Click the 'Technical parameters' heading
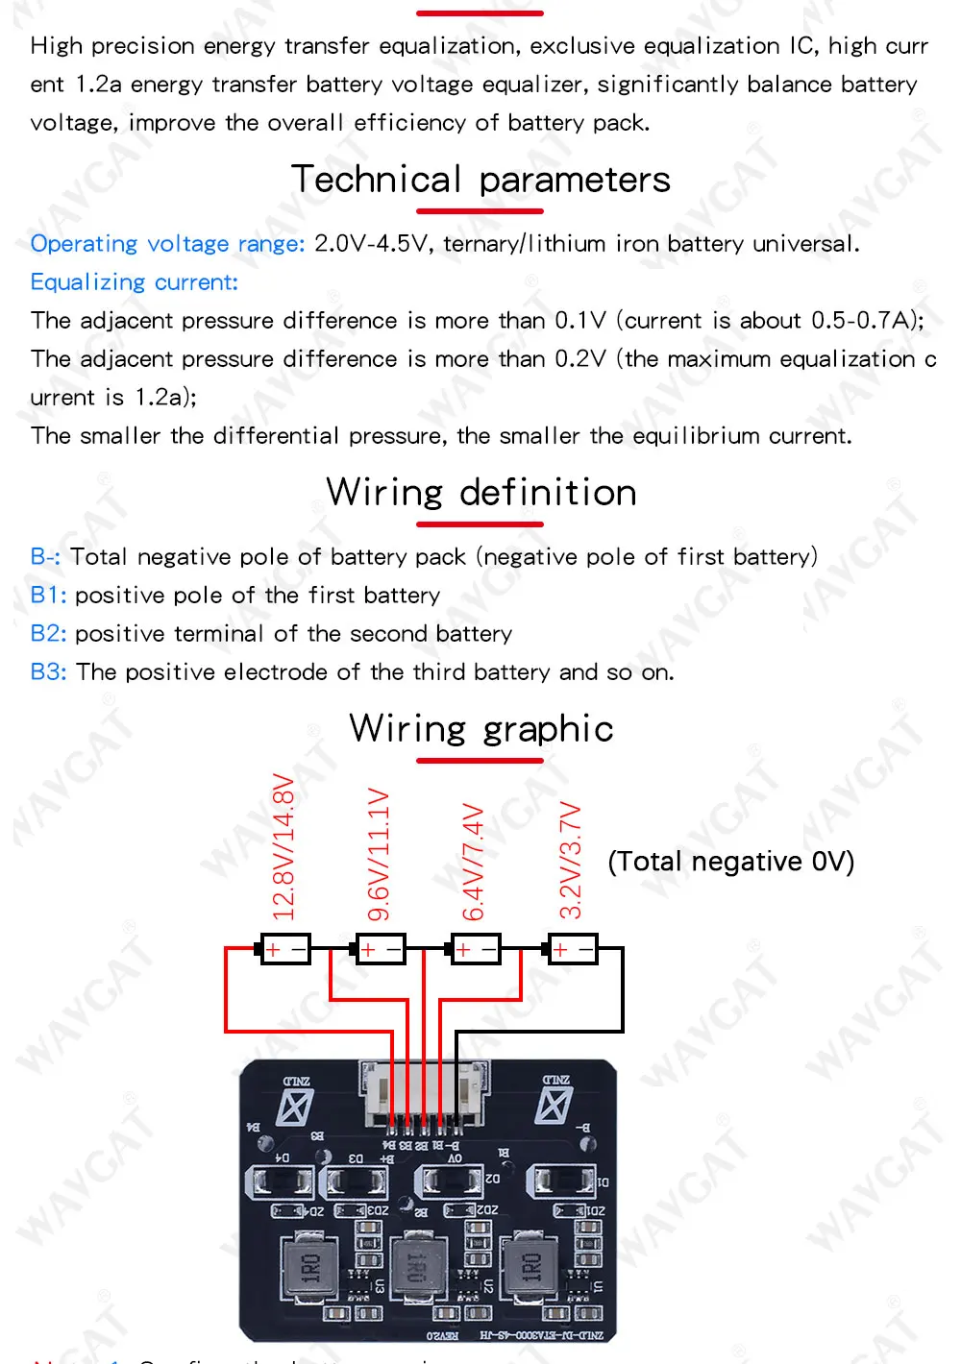(x=480, y=180)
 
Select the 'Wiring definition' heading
(x=480, y=493)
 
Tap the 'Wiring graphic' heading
(x=480, y=729)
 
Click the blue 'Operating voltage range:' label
(x=167, y=244)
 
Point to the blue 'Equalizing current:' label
(x=134, y=282)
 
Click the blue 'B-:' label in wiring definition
(x=45, y=557)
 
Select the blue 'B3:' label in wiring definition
(x=48, y=672)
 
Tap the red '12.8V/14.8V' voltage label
(x=283, y=846)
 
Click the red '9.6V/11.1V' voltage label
(x=379, y=854)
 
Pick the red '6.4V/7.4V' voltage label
(x=474, y=862)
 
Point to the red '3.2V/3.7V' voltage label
(x=571, y=860)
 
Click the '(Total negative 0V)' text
(x=730, y=862)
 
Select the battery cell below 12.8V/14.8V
(x=285, y=949)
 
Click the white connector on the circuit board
(x=422, y=1094)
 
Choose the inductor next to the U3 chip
(x=310, y=1267)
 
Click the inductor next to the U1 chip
(x=530, y=1267)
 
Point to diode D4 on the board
(x=279, y=1181)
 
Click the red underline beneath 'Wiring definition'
(x=480, y=524)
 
